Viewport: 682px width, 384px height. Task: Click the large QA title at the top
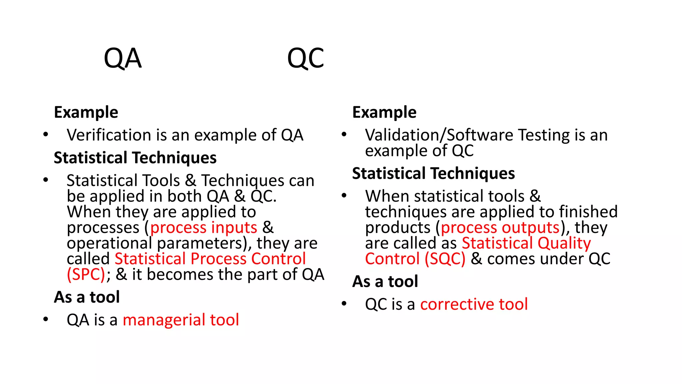123,59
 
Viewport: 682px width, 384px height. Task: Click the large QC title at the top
305,59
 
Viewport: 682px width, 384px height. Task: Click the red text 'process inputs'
203,228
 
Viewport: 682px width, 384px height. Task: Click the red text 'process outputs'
500,228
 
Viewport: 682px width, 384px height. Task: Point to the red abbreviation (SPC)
86,275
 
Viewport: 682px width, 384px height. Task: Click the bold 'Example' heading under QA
86,112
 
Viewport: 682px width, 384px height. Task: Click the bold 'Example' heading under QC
384,112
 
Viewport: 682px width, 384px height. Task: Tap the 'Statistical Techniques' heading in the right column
433,174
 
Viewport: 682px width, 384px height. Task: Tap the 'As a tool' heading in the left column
87,297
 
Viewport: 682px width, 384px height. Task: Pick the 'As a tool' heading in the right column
385,282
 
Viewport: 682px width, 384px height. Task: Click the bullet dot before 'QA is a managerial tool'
46,319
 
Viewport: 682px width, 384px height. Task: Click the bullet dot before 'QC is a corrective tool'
344,304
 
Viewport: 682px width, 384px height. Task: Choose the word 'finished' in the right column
588,212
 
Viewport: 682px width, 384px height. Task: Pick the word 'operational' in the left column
109,243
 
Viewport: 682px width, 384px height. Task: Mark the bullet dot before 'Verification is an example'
46,135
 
